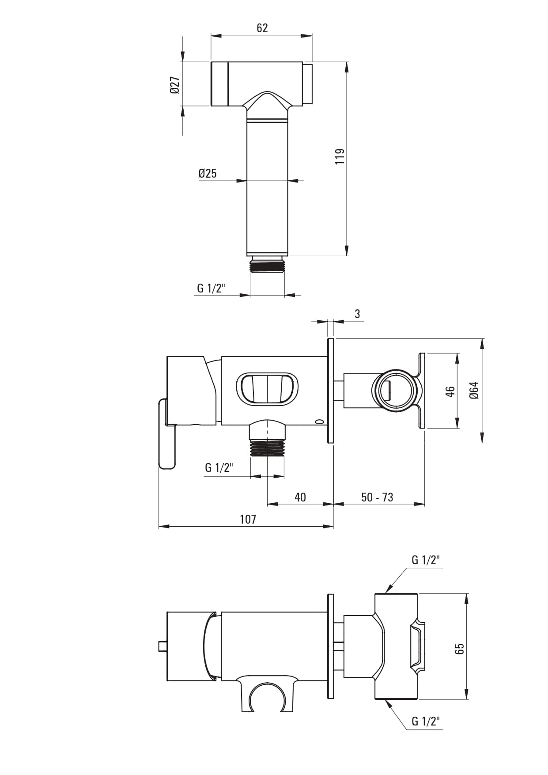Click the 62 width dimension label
pyautogui.click(x=262, y=28)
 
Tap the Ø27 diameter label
pyautogui.click(x=174, y=84)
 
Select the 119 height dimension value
pyautogui.click(x=340, y=156)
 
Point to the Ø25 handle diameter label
pyautogui.click(x=208, y=173)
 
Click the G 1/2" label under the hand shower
pyautogui.click(x=211, y=288)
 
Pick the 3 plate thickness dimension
pyautogui.click(x=357, y=314)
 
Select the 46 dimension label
pyautogui.click(x=450, y=391)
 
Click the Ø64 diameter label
pyautogui.click(x=474, y=390)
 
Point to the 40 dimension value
pyautogui.click(x=300, y=497)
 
